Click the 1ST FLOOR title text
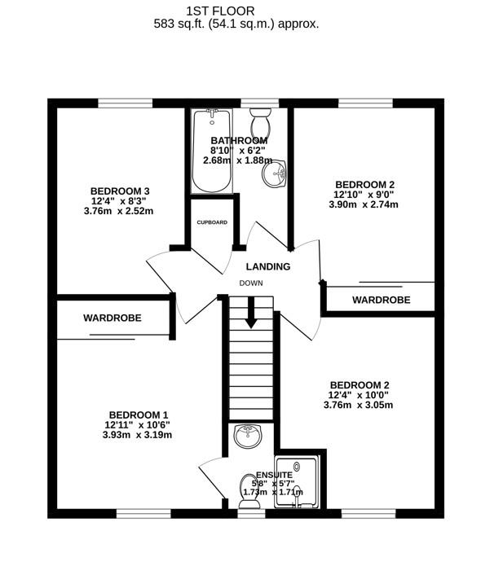point(220,11)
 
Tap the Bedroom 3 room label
point(120,191)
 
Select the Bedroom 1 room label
point(139,415)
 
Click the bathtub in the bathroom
point(212,151)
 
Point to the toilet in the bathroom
point(260,123)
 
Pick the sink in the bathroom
point(275,173)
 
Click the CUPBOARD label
point(212,222)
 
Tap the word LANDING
point(268,266)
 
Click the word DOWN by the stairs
point(251,283)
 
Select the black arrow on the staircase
point(251,312)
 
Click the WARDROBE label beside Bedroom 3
point(113,318)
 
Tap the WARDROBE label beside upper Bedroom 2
point(381,300)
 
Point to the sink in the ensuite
point(248,436)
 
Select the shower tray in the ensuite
point(297,482)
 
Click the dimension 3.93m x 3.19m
point(137,435)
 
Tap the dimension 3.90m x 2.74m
point(364,204)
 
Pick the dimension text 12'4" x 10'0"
point(359,395)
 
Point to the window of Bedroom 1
point(144,513)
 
